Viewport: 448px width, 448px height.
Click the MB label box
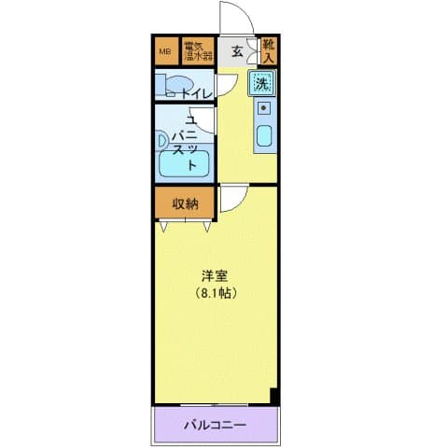coord(165,50)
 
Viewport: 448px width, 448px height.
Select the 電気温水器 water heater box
coord(197,50)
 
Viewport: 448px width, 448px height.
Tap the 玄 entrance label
coord(237,51)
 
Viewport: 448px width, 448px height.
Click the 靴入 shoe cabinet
coord(268,50)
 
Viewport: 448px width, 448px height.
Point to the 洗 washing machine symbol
coord(261,83)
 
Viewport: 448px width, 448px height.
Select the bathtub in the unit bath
coord(185,163)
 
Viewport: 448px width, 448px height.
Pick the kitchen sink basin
coord(263,137)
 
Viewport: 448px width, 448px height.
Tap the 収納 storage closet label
coord(185,203)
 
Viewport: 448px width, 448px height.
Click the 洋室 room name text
coord(215,277)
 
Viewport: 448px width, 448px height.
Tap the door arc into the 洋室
coord(233,196)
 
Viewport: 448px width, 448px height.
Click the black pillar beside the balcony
coord(274,396)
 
